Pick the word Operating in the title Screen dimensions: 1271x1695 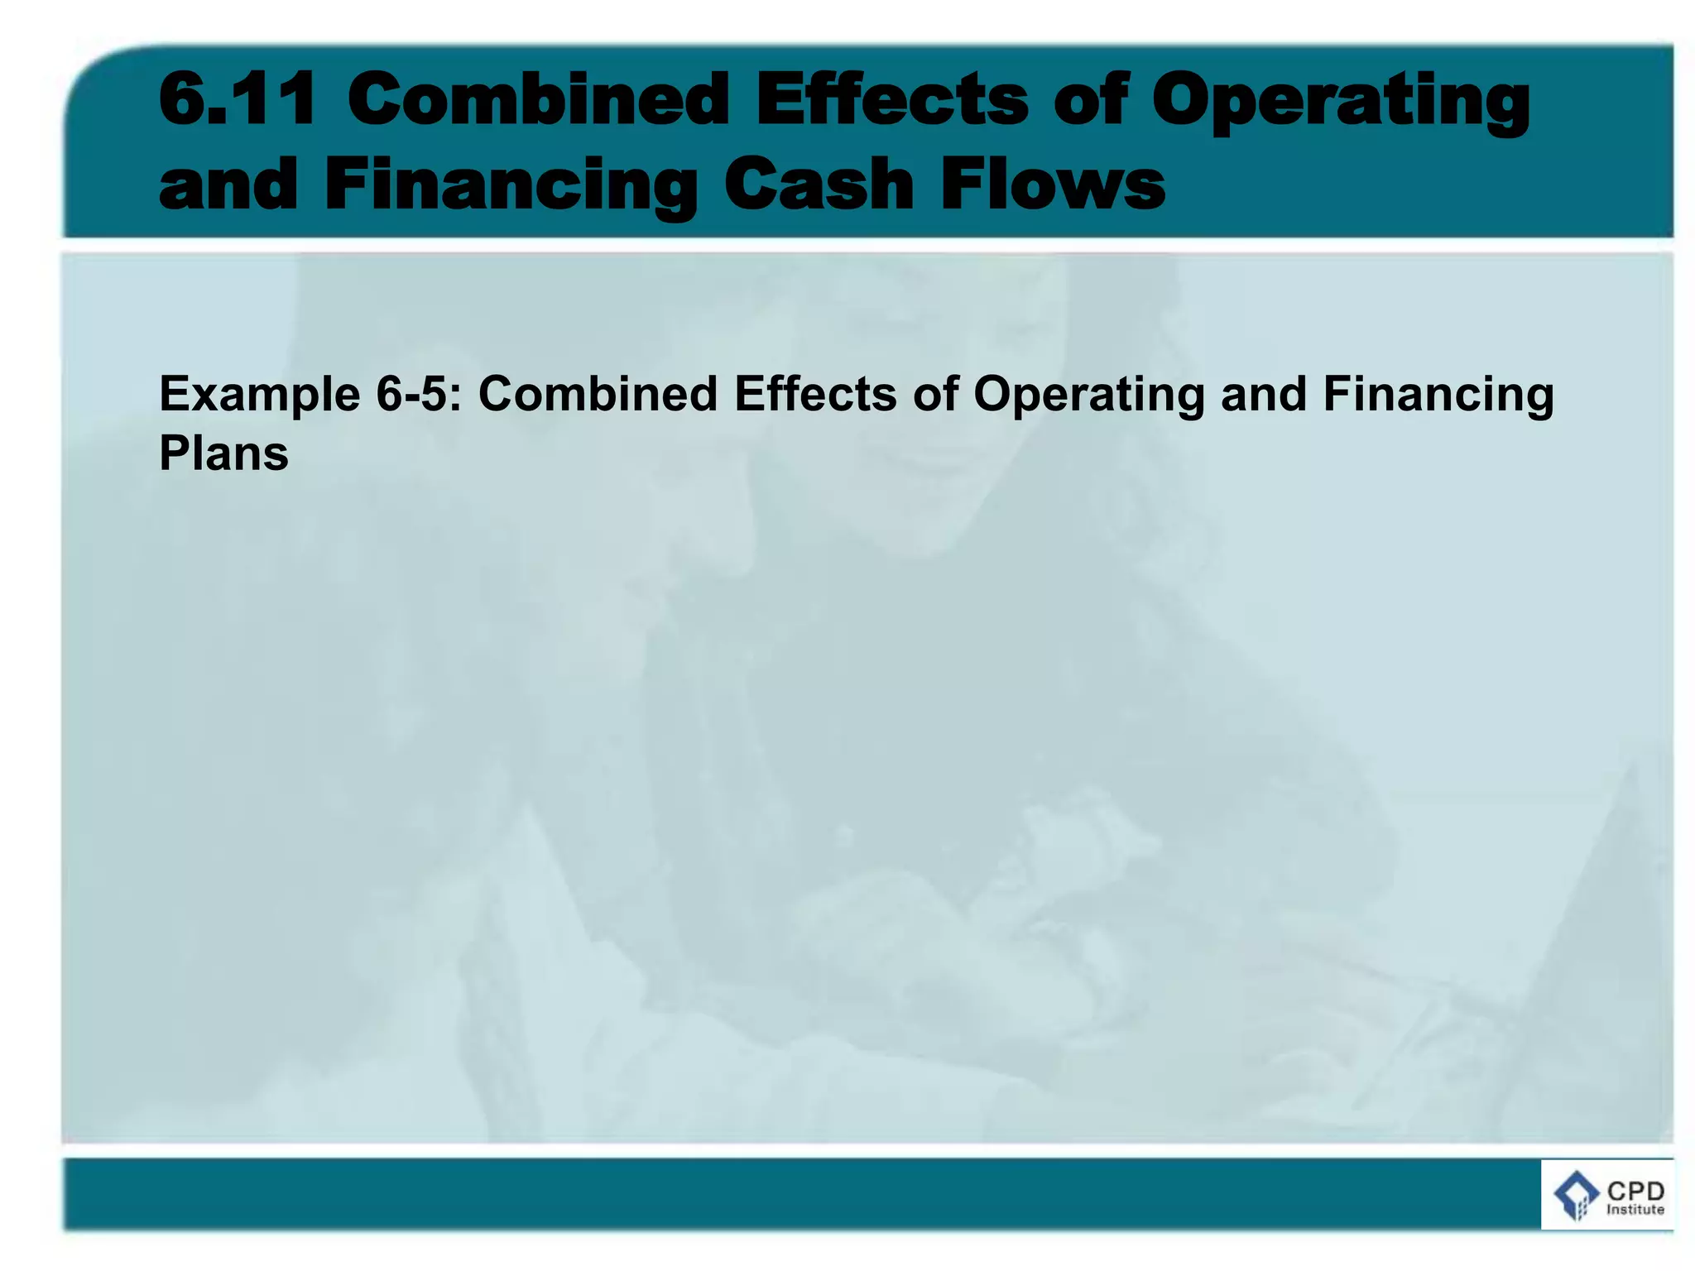(1341, 103)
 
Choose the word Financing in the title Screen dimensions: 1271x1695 (511, 187)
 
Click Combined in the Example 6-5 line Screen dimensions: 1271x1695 (598, 394)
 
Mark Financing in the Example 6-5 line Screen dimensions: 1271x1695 (1438, 396)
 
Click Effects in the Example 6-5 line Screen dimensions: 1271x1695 (815, 394)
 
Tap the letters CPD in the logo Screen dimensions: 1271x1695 (1635, 1192)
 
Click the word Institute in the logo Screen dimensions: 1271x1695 (1635, 1210)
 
